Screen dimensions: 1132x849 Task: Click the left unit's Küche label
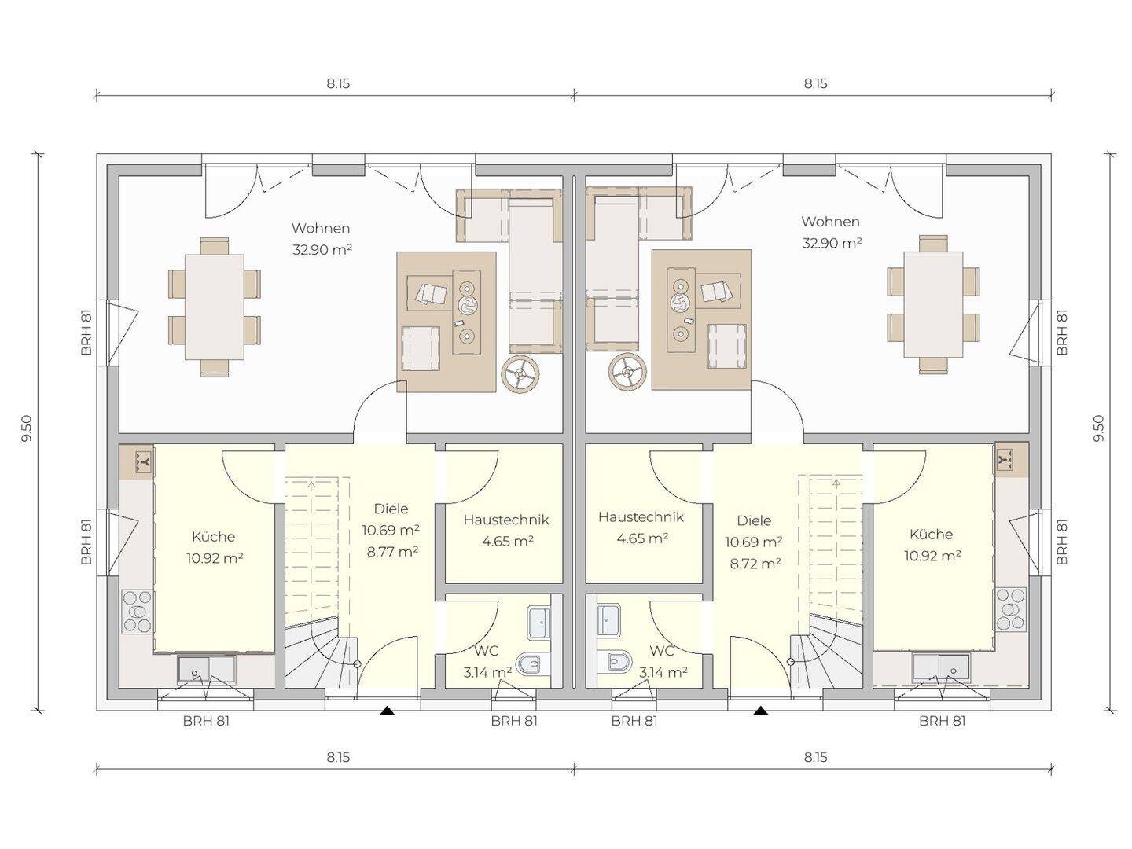pyautogui.click(x=213, y=537)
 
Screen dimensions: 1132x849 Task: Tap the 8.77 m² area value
pyautogui.click(x=392, y=552)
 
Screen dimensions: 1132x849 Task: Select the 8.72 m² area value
pyautogui.click(x=755, y=564)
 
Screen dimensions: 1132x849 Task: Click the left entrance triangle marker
pyautogui.click(x=388, y=711)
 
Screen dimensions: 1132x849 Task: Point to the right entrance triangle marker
pyautogui.click(x=760, y=711)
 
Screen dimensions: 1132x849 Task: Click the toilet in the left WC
pyautogui.click(x=531, y=664)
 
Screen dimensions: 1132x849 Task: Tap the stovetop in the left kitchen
pyautogui.click(x=138, y=612)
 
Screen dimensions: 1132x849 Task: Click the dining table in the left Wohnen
pyautogui.click(x=214, y=307)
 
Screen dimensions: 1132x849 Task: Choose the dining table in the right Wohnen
pyautogui.click(x=933, y=304)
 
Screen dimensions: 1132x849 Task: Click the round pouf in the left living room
pyautogui.click(x=520, y=373)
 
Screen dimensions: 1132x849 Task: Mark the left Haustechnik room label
pyautogui.click(x=506, y=520)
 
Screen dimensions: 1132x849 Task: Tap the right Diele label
pyautogui.click(x=754, y=520)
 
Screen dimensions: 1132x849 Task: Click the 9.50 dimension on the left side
pyautogui.click(x=28, y=428)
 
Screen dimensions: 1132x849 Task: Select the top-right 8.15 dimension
pyautogui.click(x=815, y=83)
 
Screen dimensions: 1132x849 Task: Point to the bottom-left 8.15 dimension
pyautogui.click(x=338, y=757)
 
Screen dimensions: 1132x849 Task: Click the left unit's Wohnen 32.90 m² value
pyautogui.click(x=322, y=250)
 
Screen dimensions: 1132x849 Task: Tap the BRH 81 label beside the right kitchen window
pyautogui.click(x=1062, y=542)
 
